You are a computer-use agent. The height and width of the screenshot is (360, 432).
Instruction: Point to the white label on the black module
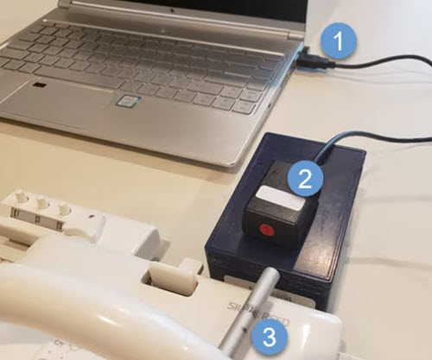click(277, 197)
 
